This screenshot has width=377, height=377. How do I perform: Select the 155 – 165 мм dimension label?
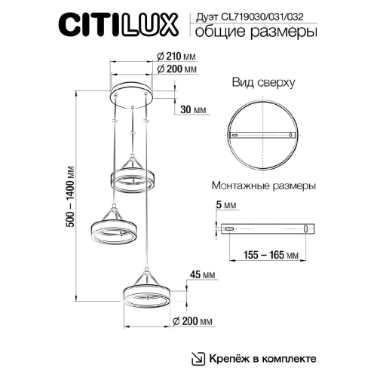(268, 256)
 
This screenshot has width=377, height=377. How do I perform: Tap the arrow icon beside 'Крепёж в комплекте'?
(198, 357)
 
